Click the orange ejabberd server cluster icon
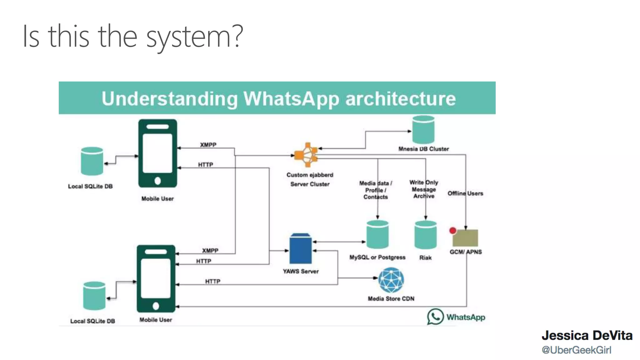click(307, 155)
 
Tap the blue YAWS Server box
click(300, 249)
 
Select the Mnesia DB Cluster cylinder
click(423, 129)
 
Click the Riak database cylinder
click(425, 235)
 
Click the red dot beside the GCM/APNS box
click(452, 231)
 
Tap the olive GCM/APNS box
click(465, 238)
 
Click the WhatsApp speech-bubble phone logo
click(435, 317)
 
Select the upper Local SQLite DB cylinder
click(92, 161)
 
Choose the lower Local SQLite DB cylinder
click(94, 296)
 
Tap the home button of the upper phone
click(157, 181)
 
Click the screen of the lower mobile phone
click(156, 278)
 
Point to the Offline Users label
click(465, 193)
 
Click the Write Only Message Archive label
click(424, 189)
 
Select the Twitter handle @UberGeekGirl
click(576, 350)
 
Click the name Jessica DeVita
click(587, 335)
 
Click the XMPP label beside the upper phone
click(208, 145)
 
